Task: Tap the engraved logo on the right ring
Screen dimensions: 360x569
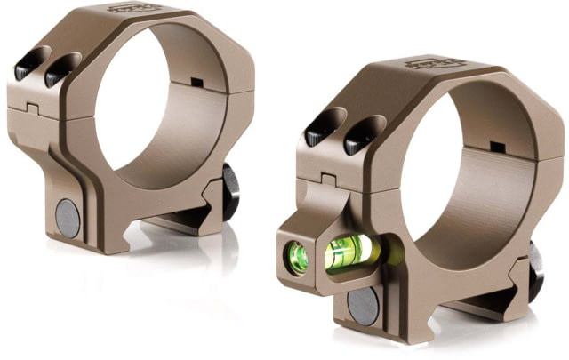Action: (423, 64)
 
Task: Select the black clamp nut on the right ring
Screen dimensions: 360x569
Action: (536, 272)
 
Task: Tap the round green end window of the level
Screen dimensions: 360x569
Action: (299, 259)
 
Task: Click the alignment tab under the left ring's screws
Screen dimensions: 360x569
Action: (31, 109)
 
